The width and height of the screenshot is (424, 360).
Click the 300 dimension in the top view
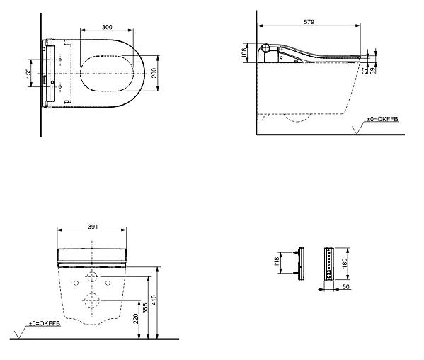coord(107,27)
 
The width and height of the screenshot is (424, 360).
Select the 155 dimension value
coord(28,74)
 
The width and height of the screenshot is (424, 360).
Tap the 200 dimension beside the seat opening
coord(154,73)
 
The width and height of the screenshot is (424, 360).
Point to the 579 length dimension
coord(309,22)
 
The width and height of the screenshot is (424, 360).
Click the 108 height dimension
coord(244,52)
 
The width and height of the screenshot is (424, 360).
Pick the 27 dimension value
coord(365,71)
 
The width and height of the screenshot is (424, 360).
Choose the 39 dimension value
coord(373,71)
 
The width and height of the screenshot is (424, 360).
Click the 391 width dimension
coord(93,227)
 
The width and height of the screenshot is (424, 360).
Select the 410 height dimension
coord(154,300)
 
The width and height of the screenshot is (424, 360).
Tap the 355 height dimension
coord(145,308)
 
